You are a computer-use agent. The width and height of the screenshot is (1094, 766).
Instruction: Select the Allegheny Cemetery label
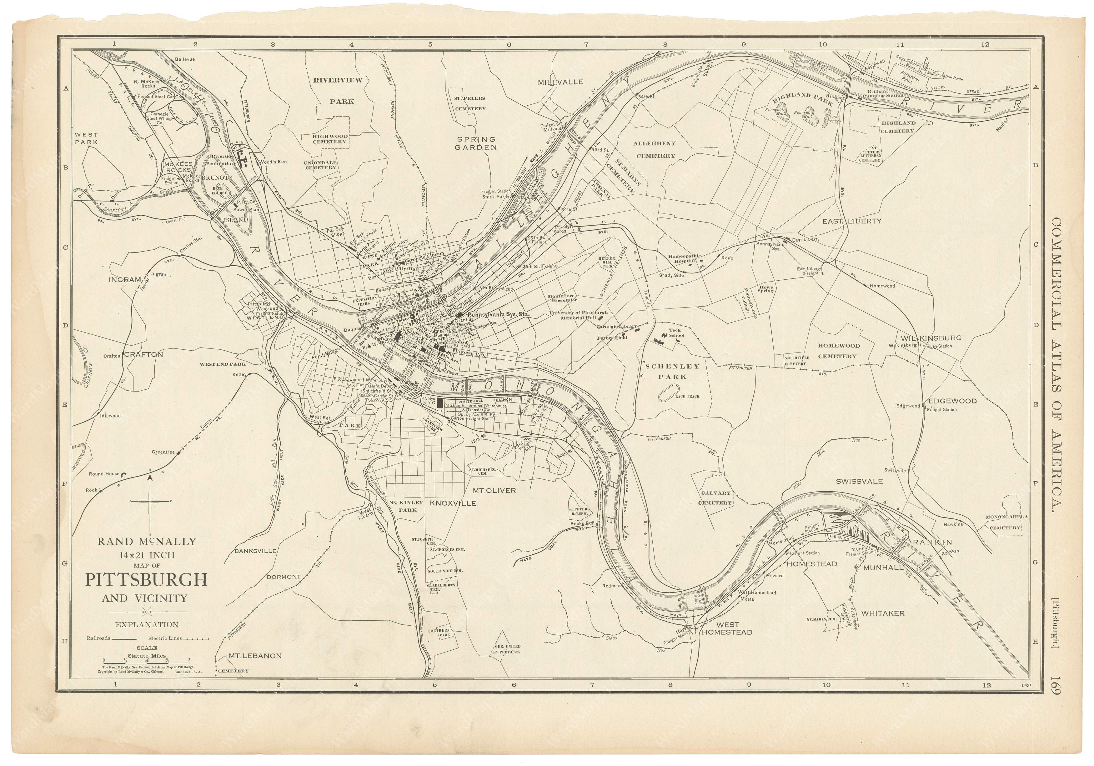(x=655, y=149)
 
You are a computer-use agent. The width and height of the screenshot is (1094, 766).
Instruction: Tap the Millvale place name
(x=560, y=82)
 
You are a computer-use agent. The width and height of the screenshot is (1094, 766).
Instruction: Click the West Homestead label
(x=727, y=628)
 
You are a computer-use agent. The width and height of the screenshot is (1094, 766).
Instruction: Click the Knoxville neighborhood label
(x=453, y=503)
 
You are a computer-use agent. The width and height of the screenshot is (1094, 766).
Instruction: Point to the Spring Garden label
(x=476, y=143)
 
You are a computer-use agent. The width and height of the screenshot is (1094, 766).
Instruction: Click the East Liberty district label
(x=859, y=221)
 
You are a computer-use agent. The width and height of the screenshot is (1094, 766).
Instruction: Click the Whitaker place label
(x=882, y=613)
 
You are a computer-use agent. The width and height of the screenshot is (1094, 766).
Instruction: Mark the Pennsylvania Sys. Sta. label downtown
(x=499, y=315)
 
